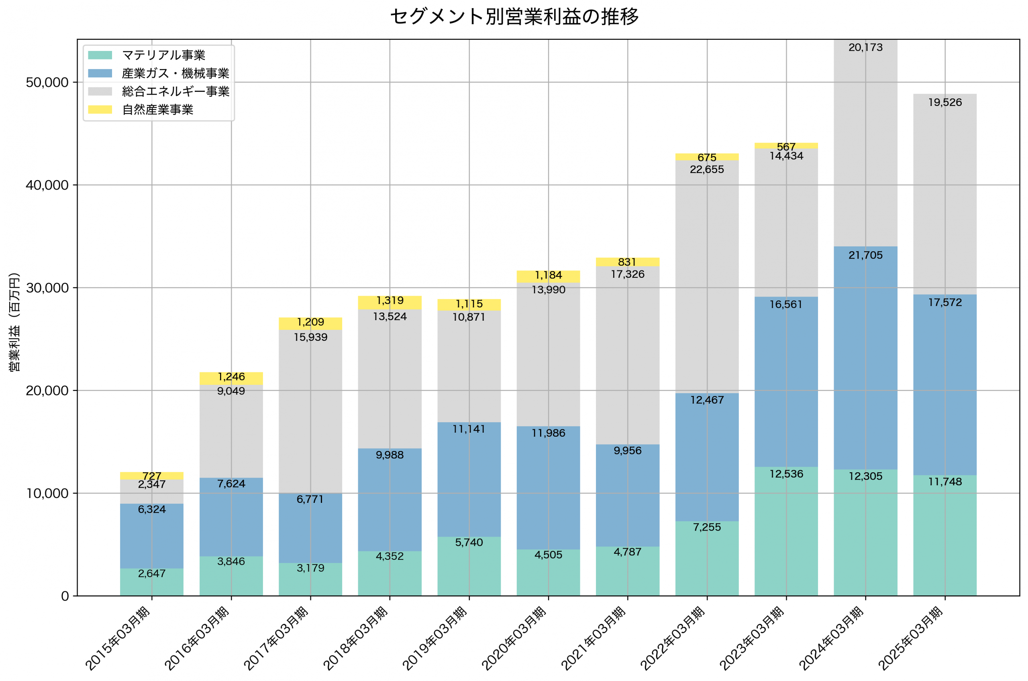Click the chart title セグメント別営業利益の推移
[514, 16]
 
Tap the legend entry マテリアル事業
[163, 55]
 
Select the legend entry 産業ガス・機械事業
[175, 73]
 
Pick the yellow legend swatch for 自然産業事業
[100, 110]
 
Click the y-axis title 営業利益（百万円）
[14, 322]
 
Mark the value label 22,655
[706, 170]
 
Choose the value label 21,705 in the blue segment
[865, 255]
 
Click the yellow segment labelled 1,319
[390, 303]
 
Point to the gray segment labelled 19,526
[944, 195]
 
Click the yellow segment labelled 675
[706, 157]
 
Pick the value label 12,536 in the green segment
[786, 474]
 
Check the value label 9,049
[231, 391]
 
